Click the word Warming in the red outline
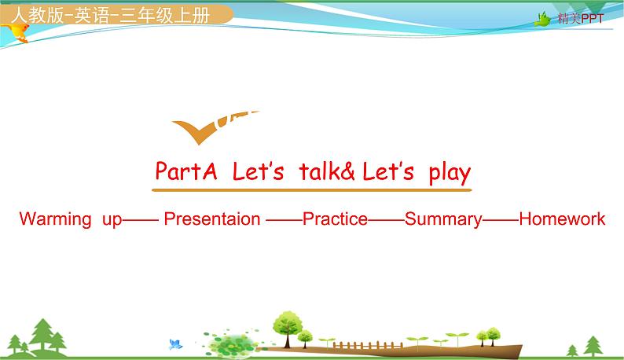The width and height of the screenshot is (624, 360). pos(55,219)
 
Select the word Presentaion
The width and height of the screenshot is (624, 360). pos(211,219)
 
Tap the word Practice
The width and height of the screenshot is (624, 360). pos(335,219)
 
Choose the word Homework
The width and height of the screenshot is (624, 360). pos(562,219)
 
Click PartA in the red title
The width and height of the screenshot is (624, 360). pos(185,171)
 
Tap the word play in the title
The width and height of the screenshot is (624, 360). pos(450,171)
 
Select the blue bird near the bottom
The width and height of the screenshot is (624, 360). pos(175,343)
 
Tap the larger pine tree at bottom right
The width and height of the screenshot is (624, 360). pos(593,344)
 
